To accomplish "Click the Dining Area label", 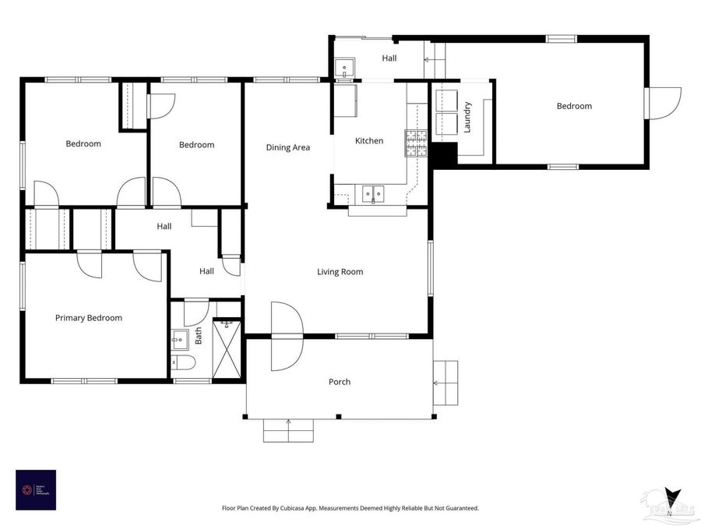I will click(x=288, y=147).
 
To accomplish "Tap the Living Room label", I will click(x=340, y=272).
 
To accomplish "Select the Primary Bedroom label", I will click(x=88, y=318).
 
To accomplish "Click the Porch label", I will click(x=340, y=382).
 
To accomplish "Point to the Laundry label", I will click(x=467, y=117).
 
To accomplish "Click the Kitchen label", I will click(x=369, y=141).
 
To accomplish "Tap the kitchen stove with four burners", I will click(x=415, y=143).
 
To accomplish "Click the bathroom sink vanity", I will click(x=179, y=339).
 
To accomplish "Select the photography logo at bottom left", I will click(x=36, y=489).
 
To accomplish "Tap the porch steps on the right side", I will click(x=446, y=383).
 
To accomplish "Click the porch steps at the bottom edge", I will click(x=289, y=429).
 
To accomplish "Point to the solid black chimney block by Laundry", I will click(x=445, y=155).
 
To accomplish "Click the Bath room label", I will click(x=199, y=336).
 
